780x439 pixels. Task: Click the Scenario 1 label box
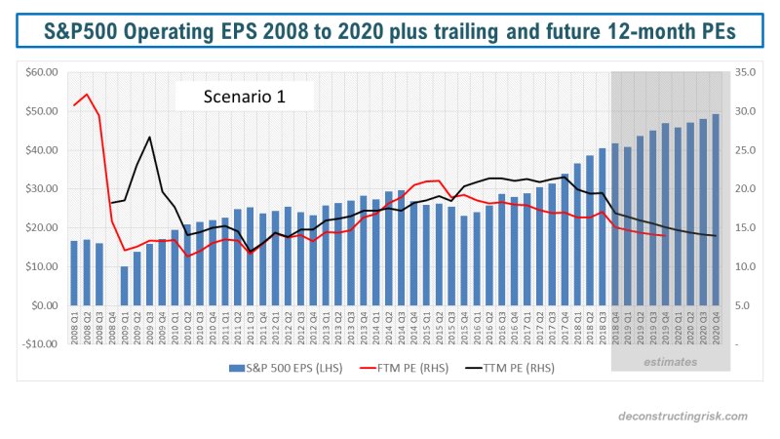[x=245, y=97]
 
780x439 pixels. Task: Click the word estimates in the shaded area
[x=670, y=362]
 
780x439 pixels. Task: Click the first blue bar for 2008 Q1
[x=74, y=273]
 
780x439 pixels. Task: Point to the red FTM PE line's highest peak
[x=87, y=95]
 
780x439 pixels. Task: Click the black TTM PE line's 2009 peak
[x=149, y=137]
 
